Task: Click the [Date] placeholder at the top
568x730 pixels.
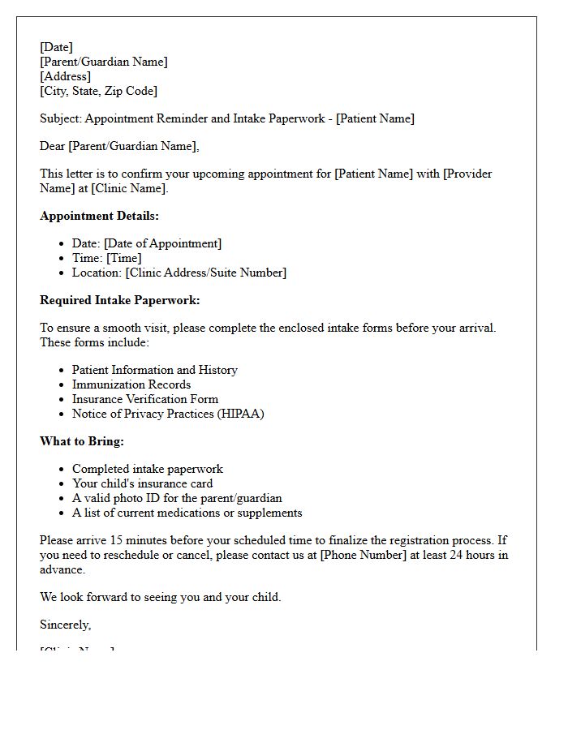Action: (56, 47)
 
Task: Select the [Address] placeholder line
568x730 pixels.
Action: (66, 76)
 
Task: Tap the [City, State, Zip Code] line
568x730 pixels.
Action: (98, 91)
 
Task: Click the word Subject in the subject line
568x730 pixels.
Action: (60, 118)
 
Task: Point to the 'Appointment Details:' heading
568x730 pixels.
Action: (99, 216)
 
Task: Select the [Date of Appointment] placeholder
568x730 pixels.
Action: (162, 243)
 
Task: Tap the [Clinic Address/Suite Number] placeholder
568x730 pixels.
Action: (205, 273)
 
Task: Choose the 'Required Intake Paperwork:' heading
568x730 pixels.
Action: (119, 300)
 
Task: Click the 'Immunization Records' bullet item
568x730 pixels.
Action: (131, 384)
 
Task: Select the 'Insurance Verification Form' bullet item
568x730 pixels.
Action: (145, 399)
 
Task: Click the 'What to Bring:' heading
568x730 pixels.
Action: (82, 441)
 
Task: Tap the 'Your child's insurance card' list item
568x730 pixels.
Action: (142, 483)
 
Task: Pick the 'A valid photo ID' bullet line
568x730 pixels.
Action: (177, 498)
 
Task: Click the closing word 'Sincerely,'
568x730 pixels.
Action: (66, 625)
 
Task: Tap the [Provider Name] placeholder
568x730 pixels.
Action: (467, 174)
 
